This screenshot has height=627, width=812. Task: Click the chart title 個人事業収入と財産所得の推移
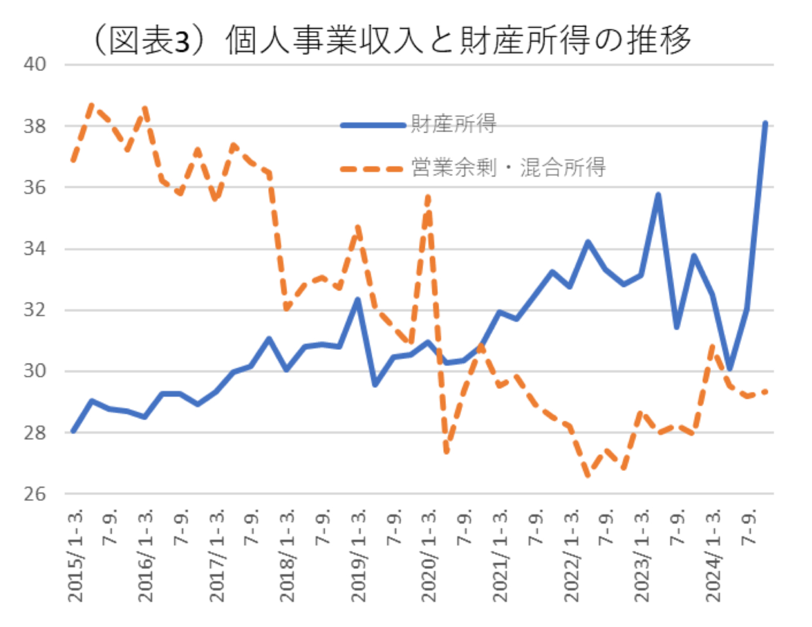(392, 40)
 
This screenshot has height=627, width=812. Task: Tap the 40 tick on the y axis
(35, 64)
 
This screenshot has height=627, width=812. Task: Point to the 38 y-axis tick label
(35, 126)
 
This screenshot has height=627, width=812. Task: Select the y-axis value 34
(35, 249)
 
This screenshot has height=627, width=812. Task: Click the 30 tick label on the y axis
(35, 371)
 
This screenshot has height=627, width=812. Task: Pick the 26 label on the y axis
(35, 494)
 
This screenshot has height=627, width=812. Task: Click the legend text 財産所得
(453, 124)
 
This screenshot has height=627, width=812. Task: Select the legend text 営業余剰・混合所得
(508, 167)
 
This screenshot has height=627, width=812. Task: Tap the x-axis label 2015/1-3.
(76, 555)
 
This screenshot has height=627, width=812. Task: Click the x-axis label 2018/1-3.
(288, 555)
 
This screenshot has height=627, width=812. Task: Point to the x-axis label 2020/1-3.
(430, 555)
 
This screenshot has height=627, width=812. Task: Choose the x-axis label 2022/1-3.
(572, 555)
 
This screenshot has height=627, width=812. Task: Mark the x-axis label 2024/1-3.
(714, 555)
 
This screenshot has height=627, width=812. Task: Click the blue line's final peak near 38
(765, 123)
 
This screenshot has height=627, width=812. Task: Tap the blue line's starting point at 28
(73, 432)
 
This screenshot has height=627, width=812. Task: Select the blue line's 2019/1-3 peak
(358, 299)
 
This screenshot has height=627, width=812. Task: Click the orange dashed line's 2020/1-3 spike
(428, 197)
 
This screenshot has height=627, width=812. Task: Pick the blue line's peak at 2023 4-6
(658, 194)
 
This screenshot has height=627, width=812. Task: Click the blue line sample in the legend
(373, 125)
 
